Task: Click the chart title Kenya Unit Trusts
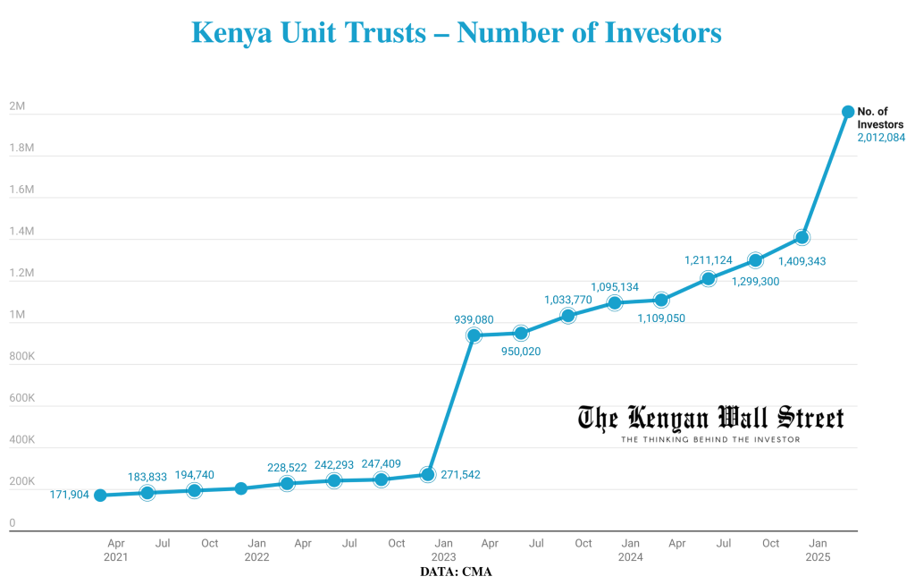457,33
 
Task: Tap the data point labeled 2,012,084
847,112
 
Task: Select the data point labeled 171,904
101,496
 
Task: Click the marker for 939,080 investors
474,335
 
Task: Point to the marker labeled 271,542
428,474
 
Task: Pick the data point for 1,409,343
802,237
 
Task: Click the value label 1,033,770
568,300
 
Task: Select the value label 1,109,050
661,318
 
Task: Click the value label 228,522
293,468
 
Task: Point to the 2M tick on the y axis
17,106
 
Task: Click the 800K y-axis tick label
21,357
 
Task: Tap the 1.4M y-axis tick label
21,232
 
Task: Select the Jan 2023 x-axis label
444,550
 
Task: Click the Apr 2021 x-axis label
115,550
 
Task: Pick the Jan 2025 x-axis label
818,550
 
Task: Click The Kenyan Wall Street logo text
710,418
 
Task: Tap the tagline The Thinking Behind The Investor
710,439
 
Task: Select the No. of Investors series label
880,117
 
